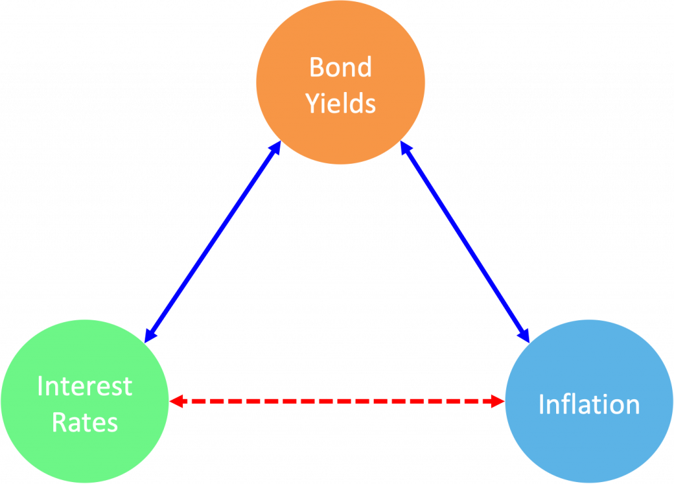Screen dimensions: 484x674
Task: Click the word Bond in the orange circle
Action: coord(340,67)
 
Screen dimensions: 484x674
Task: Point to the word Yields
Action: coord(340,104)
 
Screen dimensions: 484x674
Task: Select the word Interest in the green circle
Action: coord(84,386)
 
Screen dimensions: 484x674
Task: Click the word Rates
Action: coord(84,422)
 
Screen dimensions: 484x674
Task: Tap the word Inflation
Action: coord(589,404)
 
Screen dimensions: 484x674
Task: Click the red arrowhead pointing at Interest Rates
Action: coord(176,400)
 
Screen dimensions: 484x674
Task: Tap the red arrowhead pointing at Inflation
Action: coord(497,400)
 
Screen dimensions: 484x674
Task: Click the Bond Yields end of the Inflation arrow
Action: coord(405,151)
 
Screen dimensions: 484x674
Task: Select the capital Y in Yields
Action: coord(312,104)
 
